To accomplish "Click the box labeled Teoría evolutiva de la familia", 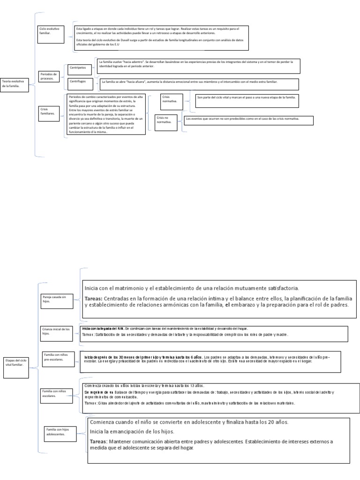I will (x=15, y=85).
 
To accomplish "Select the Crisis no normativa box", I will (x=166, y=121).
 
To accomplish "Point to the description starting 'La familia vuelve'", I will (x=197, y=65).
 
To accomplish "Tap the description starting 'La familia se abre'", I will (x=197, y=83).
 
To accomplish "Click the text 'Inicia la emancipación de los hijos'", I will (x=132, y=432).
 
